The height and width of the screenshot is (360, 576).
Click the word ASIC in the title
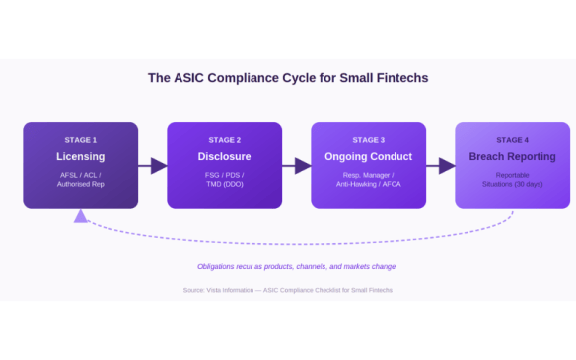(x=188, y=78)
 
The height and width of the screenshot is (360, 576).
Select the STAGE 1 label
(x=81, y=140)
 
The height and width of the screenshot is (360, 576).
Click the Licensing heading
(x=81, y=156)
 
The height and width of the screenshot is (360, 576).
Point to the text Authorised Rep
(x=81, y=184)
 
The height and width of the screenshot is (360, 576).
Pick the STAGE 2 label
(x=225, y=140)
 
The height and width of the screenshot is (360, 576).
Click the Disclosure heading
(x=225, y=156)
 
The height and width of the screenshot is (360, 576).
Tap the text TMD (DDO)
(x=225, y=184)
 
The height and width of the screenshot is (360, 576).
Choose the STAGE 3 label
(x=369, y=140)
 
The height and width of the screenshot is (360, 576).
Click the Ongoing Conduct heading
(x=369, y=156)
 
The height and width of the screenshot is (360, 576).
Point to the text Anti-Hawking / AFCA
(x=369, y=184)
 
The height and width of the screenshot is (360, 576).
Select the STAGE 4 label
(x=513, y=140)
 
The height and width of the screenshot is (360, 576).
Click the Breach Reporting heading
(x=513, y=156)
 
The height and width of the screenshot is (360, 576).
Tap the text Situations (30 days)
(x=513, y=184)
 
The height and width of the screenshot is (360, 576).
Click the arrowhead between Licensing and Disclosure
(x=159, y=166)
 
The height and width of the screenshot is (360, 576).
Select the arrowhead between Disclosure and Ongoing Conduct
(x=303, y=166)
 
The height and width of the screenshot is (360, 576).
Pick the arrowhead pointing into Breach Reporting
(x=447, y=166)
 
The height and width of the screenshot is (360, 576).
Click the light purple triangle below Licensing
(x=81, y=217)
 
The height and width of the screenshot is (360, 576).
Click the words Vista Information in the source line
(x=230, y=290)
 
